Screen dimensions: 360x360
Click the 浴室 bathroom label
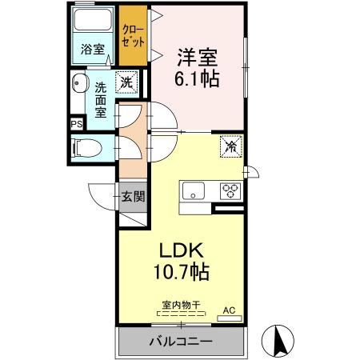coord(92,50)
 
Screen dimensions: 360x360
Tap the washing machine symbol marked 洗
coord(127,81)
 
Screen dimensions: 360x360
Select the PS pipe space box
coord(77,124)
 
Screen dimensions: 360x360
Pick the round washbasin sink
coord(80,82)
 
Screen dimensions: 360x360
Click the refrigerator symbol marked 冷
coord(230,146)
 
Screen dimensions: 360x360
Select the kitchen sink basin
coord(194,191)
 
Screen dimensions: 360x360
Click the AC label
coord(229,310)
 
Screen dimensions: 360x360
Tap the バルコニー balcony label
coord(180,342)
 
